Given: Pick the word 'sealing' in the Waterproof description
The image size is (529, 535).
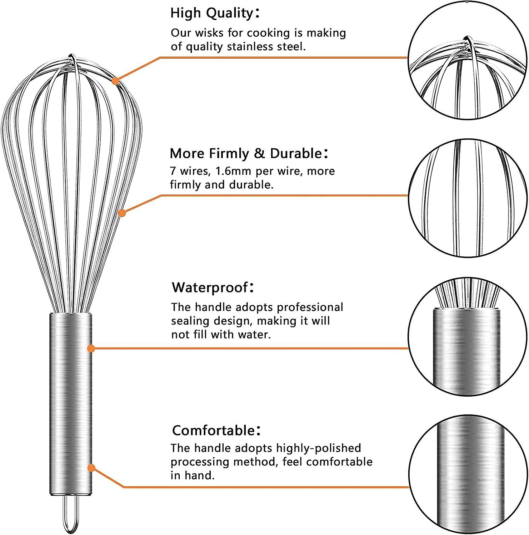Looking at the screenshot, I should (190, 321).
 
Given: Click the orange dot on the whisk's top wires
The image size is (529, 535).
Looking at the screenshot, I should (115, 81).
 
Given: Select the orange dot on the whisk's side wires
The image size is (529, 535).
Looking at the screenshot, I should (122, 213).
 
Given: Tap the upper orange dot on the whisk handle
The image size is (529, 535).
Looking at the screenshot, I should (91, 348).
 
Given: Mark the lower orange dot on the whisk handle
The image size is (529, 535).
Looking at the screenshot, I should (91, 468).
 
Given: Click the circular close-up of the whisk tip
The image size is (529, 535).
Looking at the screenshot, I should (467, 61).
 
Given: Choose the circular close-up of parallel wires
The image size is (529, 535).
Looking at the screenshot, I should (467, 198).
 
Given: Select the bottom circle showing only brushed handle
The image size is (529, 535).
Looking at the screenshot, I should (468, 474).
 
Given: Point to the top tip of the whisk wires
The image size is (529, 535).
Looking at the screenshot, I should (72, 56).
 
